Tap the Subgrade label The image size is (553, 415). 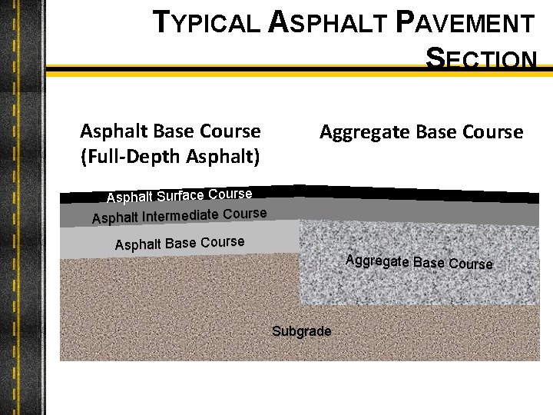coord(302,331)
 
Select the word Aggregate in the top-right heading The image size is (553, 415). coord(364,132)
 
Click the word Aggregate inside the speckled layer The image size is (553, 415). coord(377,261)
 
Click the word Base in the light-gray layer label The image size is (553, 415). coord(181,244)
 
